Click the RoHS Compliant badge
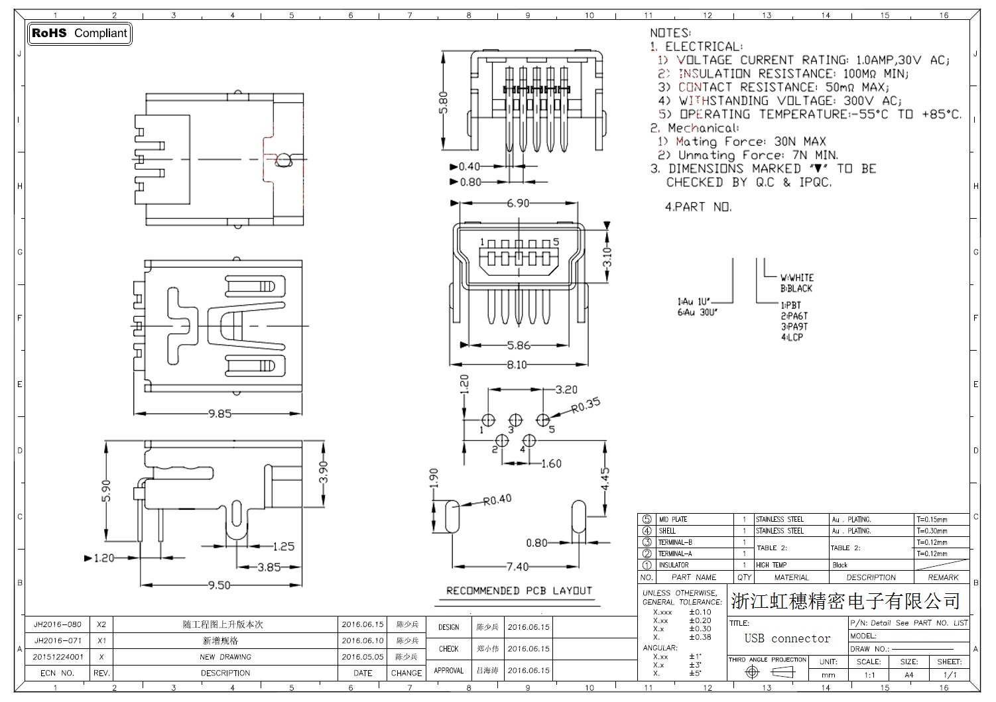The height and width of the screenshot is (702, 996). (x=80, y=33)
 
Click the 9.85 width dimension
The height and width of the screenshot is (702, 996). (x=219, y=414)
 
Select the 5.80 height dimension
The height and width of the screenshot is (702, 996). (x=444, y=102)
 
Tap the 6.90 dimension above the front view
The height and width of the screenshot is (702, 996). (x=518, y=204)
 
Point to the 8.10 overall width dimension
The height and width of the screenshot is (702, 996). (x=517, y=365)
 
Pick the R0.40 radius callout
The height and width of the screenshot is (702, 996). (x=497, y=499)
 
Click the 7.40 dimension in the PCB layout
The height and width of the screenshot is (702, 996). (x=517, y=567)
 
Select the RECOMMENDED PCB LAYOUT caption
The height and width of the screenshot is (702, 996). (x=519, y=591)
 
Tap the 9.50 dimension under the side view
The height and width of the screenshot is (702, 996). (x=219, y=585)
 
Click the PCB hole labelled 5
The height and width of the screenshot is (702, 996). (x=543, y=420)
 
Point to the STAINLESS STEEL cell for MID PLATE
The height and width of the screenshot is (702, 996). (x=779, y=520)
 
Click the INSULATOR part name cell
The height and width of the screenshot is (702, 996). (x=673, y=565)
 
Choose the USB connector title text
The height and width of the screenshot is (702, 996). (x=787, y=638)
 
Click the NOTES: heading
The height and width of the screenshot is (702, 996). (x=670, y=32)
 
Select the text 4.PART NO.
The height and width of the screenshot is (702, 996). (x=698, y=207)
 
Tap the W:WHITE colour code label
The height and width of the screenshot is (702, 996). (x=796, y=278)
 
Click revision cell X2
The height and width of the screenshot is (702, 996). (x=101, y=624)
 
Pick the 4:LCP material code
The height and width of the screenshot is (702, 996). (x=792, y=337)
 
